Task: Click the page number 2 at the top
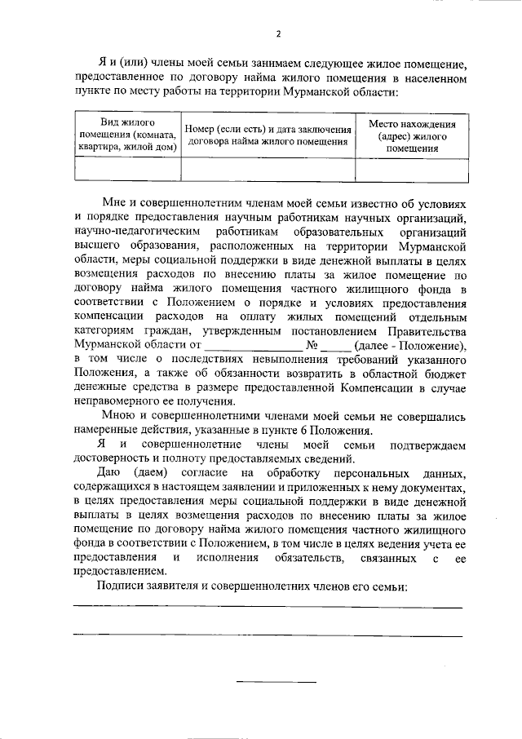tap(277, 33)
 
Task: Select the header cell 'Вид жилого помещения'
tap(126, 135)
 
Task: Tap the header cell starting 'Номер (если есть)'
tap(268, 135)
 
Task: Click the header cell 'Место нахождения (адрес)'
tap(412, 135)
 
